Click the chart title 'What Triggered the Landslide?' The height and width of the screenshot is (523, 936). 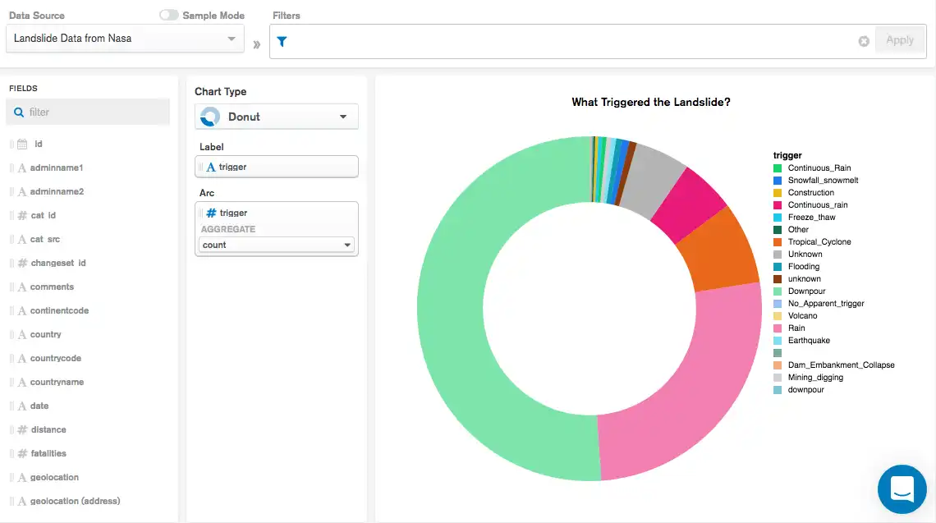coord(651,103)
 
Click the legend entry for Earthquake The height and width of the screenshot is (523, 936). coord(808,341)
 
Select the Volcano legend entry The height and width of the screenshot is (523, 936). coord(801,316)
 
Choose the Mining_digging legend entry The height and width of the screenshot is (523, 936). coord(814,378)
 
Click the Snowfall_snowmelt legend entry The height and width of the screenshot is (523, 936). coord(822,180)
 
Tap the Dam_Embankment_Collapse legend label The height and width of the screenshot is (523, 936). coord(840,365)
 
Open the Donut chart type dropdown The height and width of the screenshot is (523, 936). coord(277,117)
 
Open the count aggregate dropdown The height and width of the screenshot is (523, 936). coord(277,245)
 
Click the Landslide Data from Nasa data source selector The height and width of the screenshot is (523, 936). coord(125,39)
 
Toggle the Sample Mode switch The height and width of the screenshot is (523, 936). coord(168,16)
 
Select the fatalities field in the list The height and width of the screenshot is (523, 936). coord(48,453)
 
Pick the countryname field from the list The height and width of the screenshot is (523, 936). coord(57,382)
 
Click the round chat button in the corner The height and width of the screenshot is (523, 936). coord(902,489)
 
